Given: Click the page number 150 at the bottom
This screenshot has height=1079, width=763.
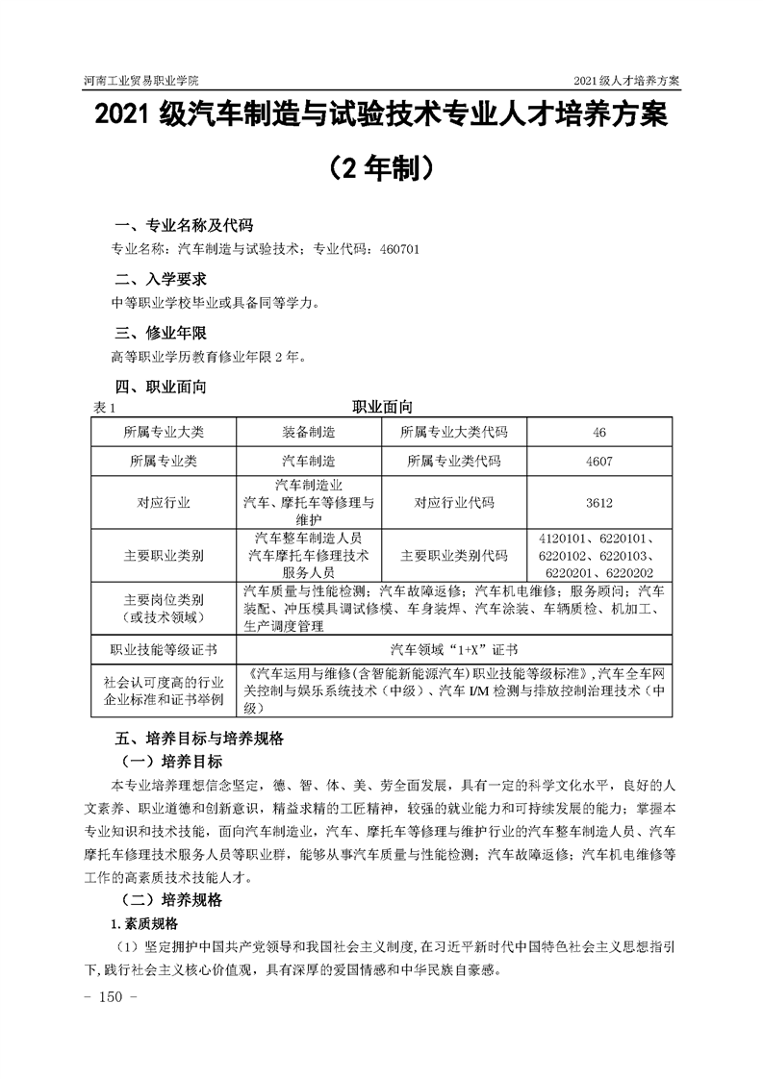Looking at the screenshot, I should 114,997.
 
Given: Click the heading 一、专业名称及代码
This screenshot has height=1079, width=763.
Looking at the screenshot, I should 184,226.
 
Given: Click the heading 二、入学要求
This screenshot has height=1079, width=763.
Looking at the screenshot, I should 161,280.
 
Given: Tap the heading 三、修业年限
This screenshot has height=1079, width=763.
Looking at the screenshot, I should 161,334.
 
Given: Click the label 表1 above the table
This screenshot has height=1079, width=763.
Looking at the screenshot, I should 104,408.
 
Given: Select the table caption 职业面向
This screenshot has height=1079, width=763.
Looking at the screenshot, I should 382,408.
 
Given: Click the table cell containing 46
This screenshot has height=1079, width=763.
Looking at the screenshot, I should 598,432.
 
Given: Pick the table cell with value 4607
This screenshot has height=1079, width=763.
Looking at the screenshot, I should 598,461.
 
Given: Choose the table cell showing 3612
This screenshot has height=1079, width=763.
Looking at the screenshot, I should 598,502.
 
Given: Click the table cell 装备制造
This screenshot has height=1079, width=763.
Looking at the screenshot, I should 309,432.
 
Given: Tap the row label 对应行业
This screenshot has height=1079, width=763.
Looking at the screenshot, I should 164,502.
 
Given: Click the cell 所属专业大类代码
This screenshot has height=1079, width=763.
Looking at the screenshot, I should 453,432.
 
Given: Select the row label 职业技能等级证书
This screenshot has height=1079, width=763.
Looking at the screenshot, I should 164,649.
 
